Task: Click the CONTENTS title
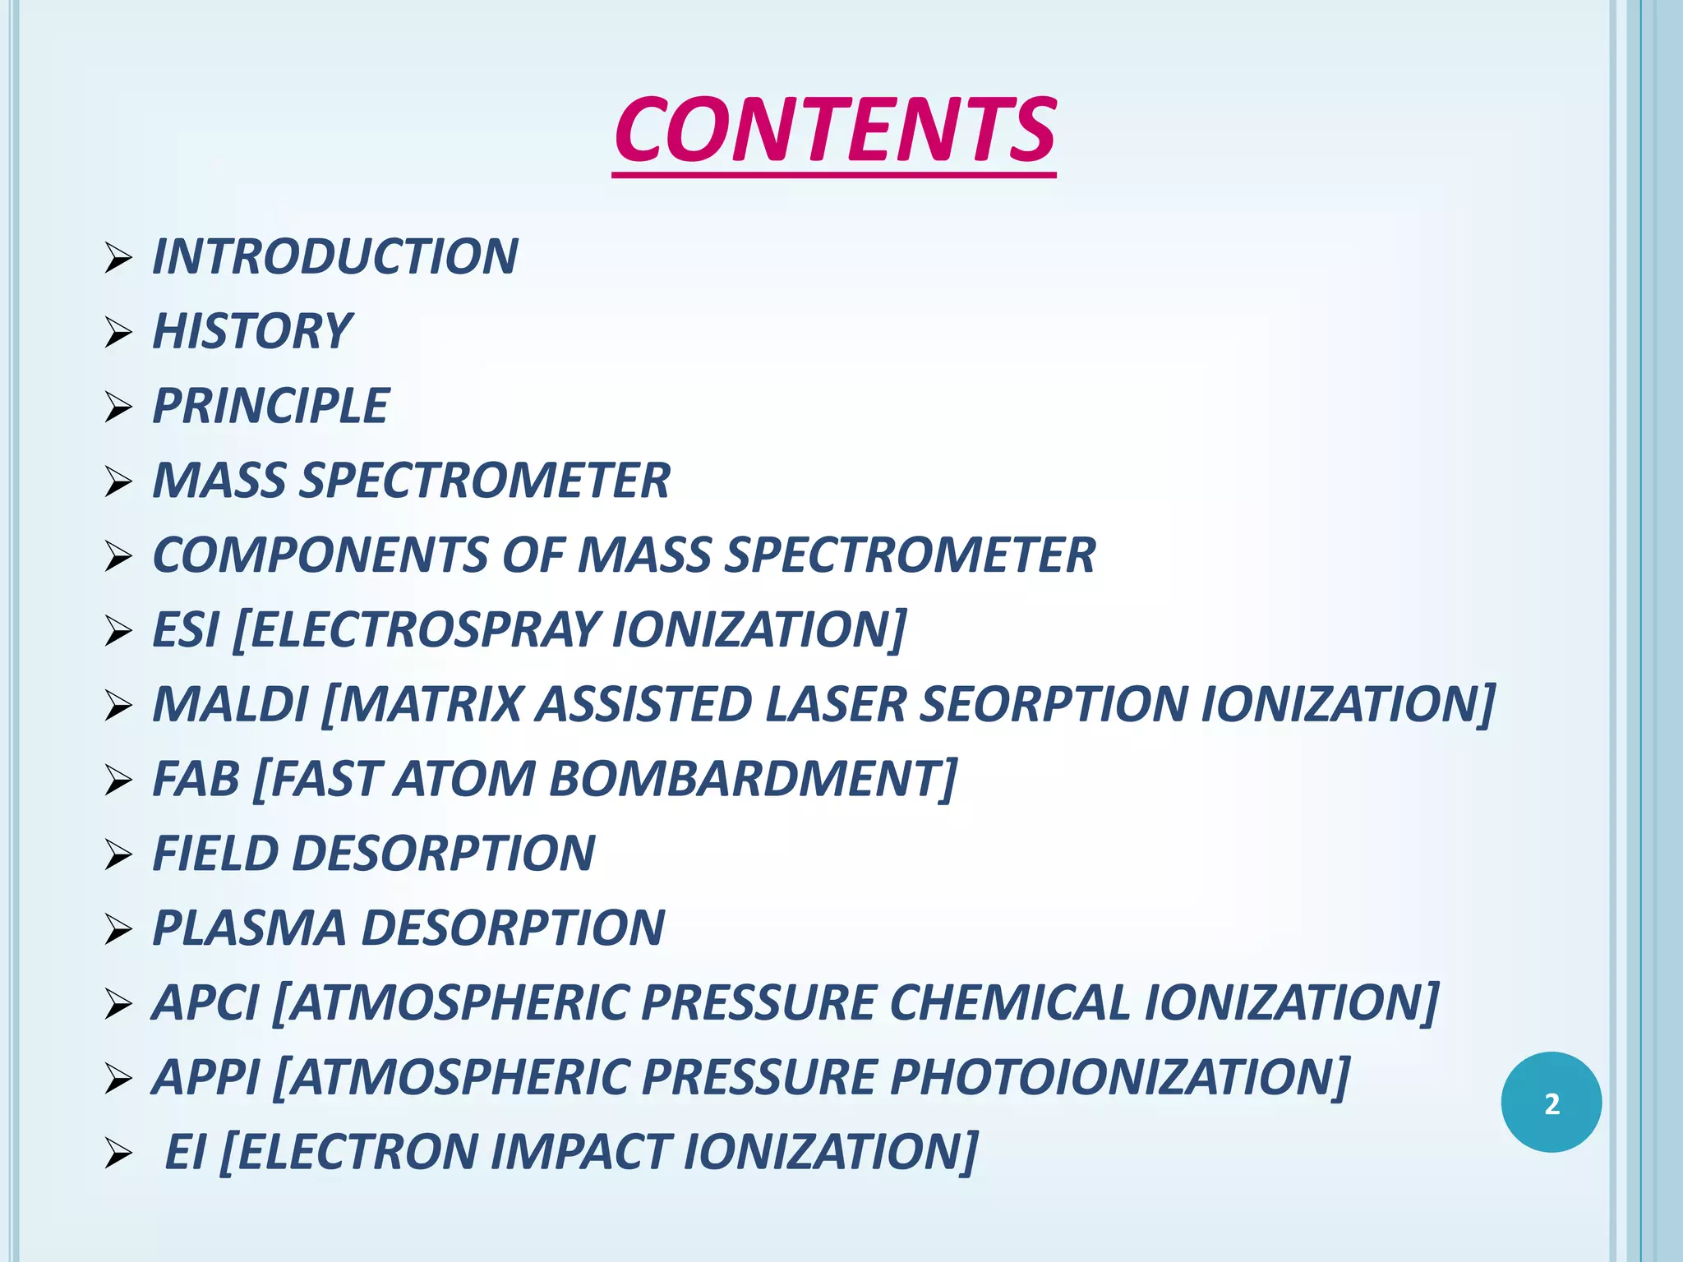pyautogui.click(x=834, y=130)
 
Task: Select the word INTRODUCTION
pyautogui.click(x=335, y=256)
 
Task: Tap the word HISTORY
pyautogui.click(x=252, y=331)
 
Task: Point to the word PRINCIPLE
pyautogui.click(x=270, y=406)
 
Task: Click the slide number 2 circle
pyautogui.click(x=1551, y=1103)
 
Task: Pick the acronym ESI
pyautogui.click(x=186, y=630)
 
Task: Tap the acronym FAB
pyautogui.click(x=196, y=779)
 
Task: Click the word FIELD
pyautogui.click(x=215, y=854)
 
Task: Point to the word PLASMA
pyautogui.click(x=249, y=928)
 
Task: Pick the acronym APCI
pyautogui.click(x=205, y=1003)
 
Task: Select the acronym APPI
pyautogui.click(x=206, y=1077)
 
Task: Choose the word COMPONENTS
pyautogui.click(x=320, y=555)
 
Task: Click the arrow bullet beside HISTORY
pyautogui.click(x=118, y=333)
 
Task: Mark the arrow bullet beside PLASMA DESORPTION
pyautogui.click(x=118, y=930)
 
